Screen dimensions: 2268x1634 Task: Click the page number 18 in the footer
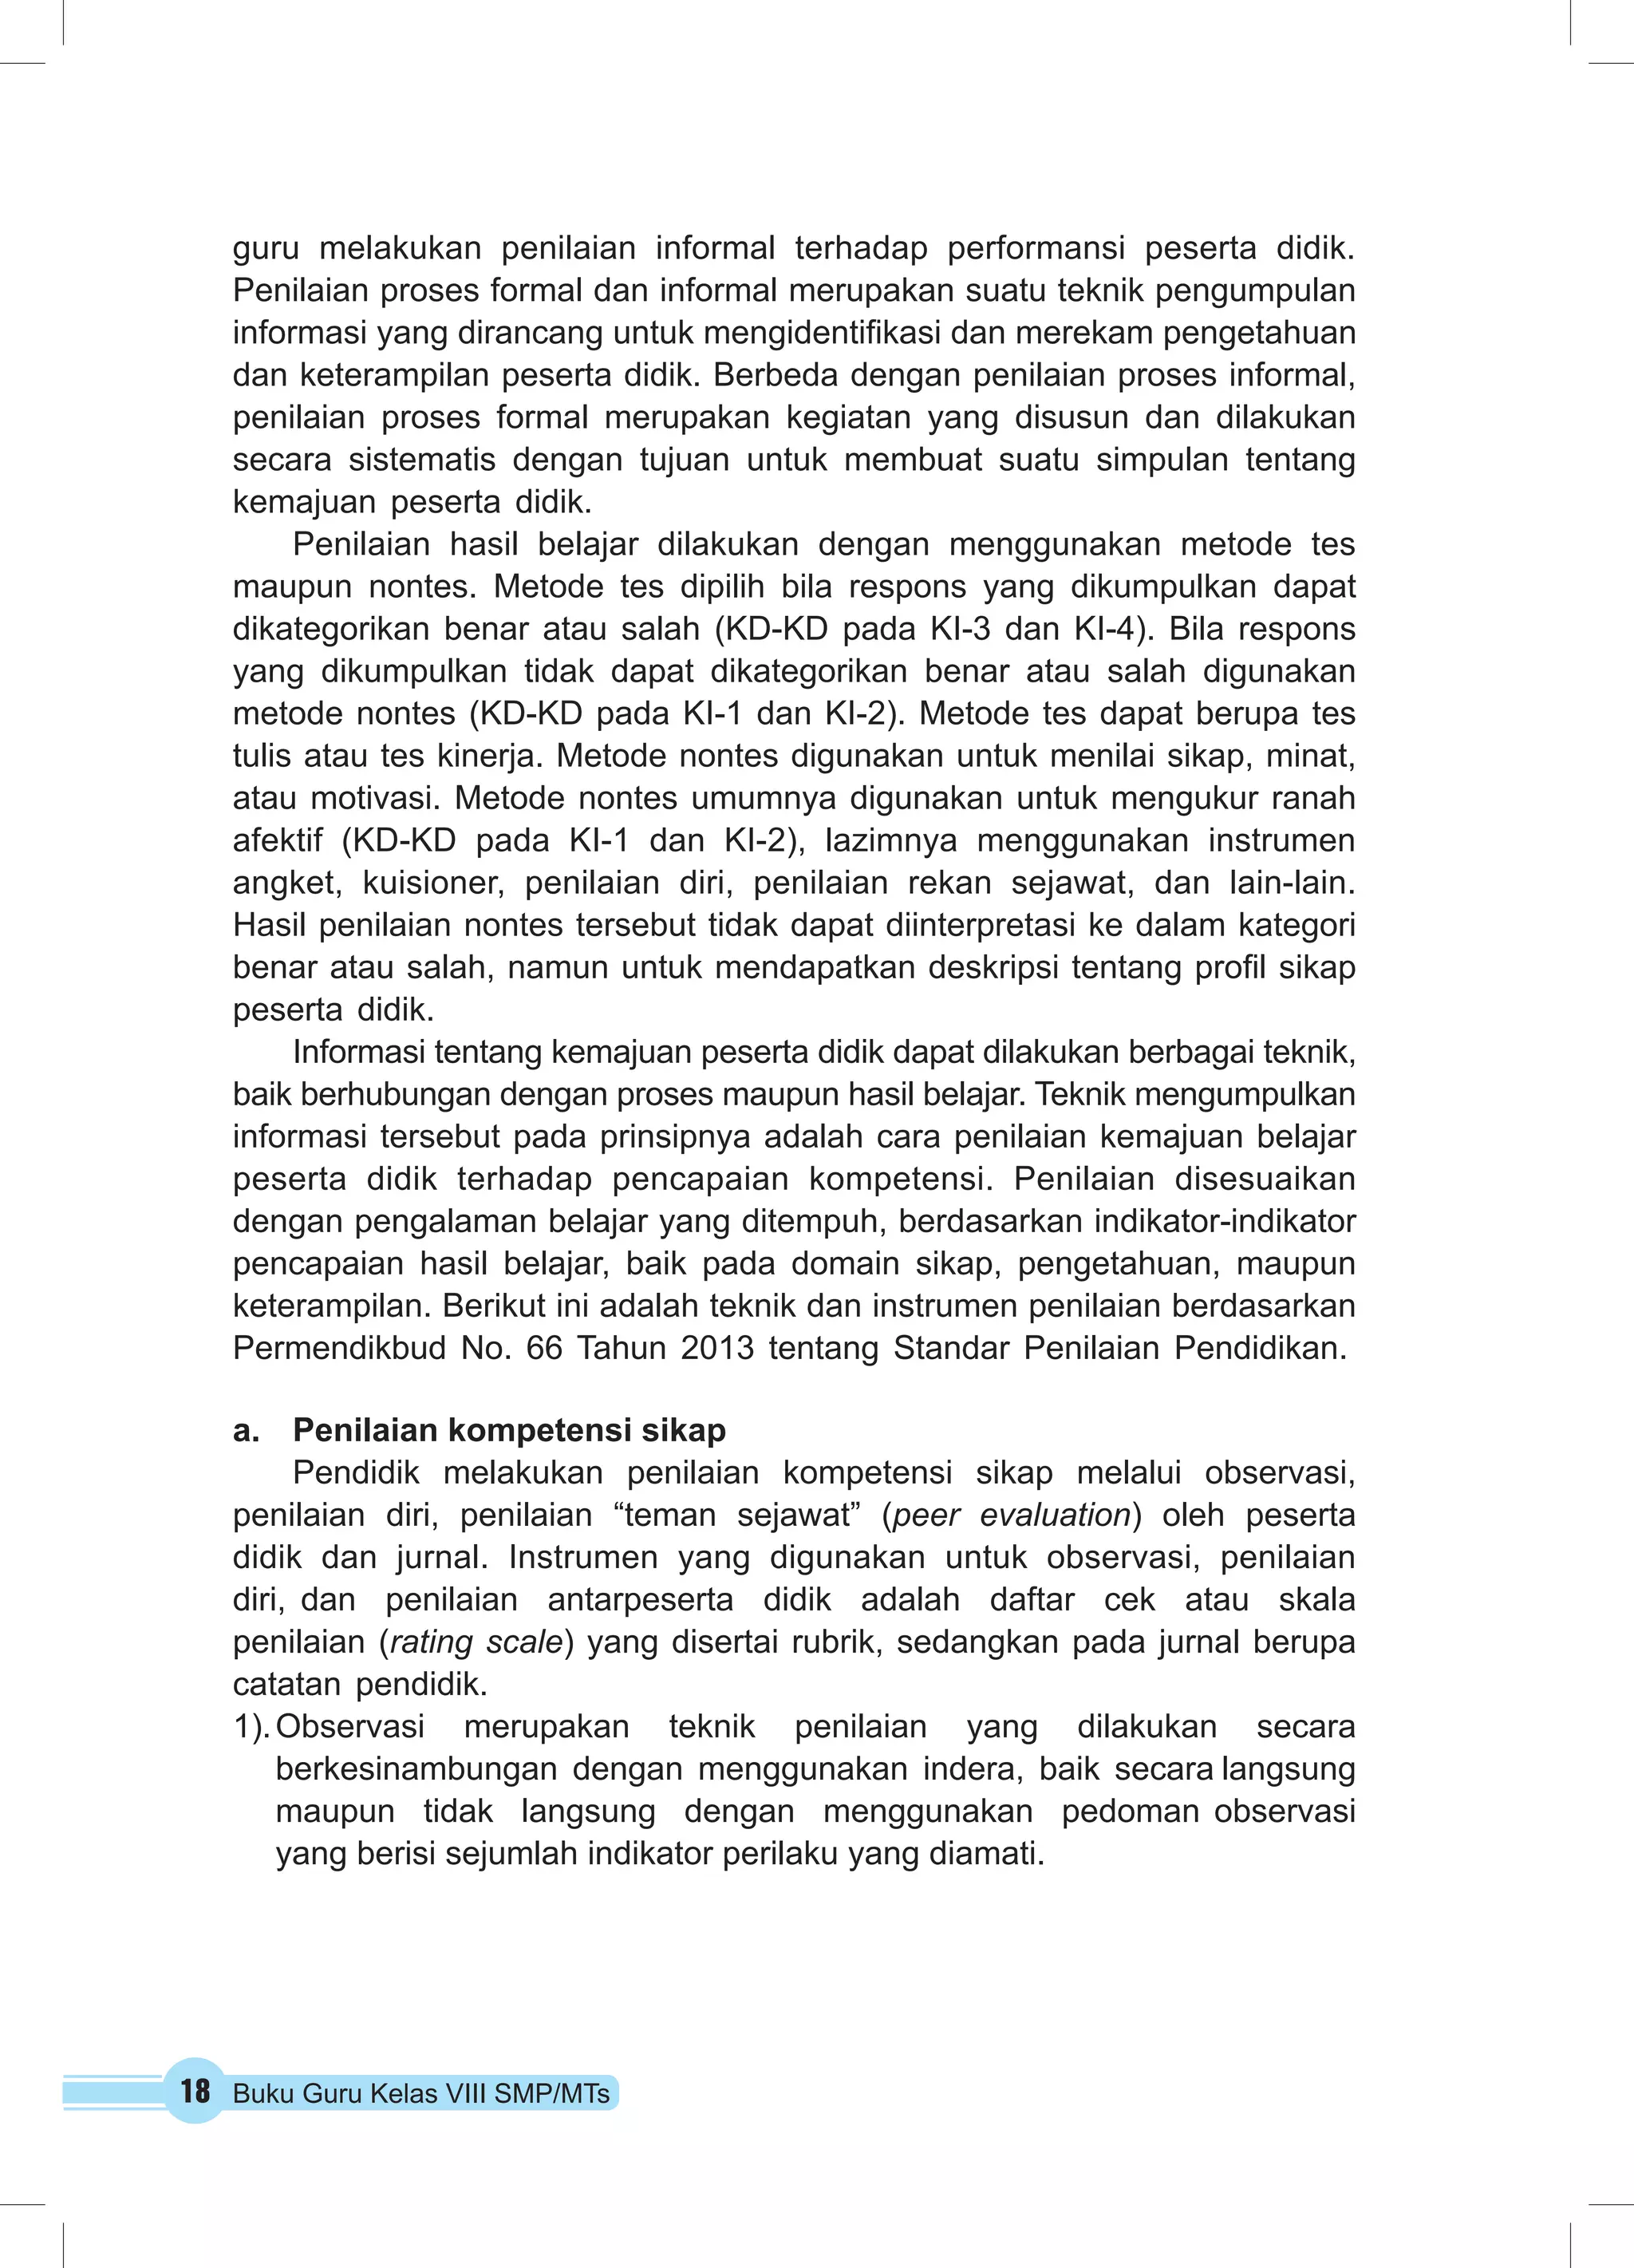click(195, 2091)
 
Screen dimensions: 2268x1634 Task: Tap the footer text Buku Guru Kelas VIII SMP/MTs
click(421, 2094)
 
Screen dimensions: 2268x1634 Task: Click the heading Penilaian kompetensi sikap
click(509, 1430)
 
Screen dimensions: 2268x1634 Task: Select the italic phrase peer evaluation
click(1011, 1515)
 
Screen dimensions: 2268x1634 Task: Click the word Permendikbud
click(339, 1348)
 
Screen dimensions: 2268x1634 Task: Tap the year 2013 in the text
click(717, 1348)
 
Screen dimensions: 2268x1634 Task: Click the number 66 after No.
click(544, 1348)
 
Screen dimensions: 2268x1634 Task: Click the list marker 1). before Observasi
click(251, 1727)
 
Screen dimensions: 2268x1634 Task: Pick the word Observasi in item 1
click(350, 1727)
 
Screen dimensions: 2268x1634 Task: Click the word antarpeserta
click(640, 1600)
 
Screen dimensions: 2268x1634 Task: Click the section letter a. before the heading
click(246, 1431)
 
